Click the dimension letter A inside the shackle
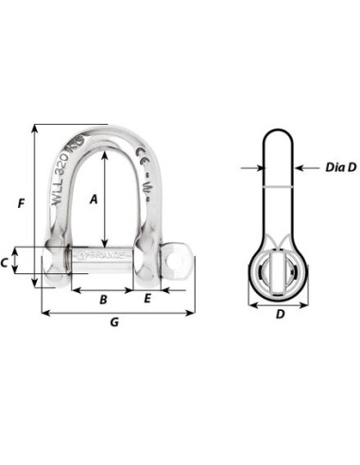[x=93, y=199]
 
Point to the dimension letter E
[x=148, y=299]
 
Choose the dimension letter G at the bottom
[x=114, y=324]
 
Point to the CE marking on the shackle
[x=143, y=157]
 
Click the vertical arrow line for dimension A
[x=103, y=198]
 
